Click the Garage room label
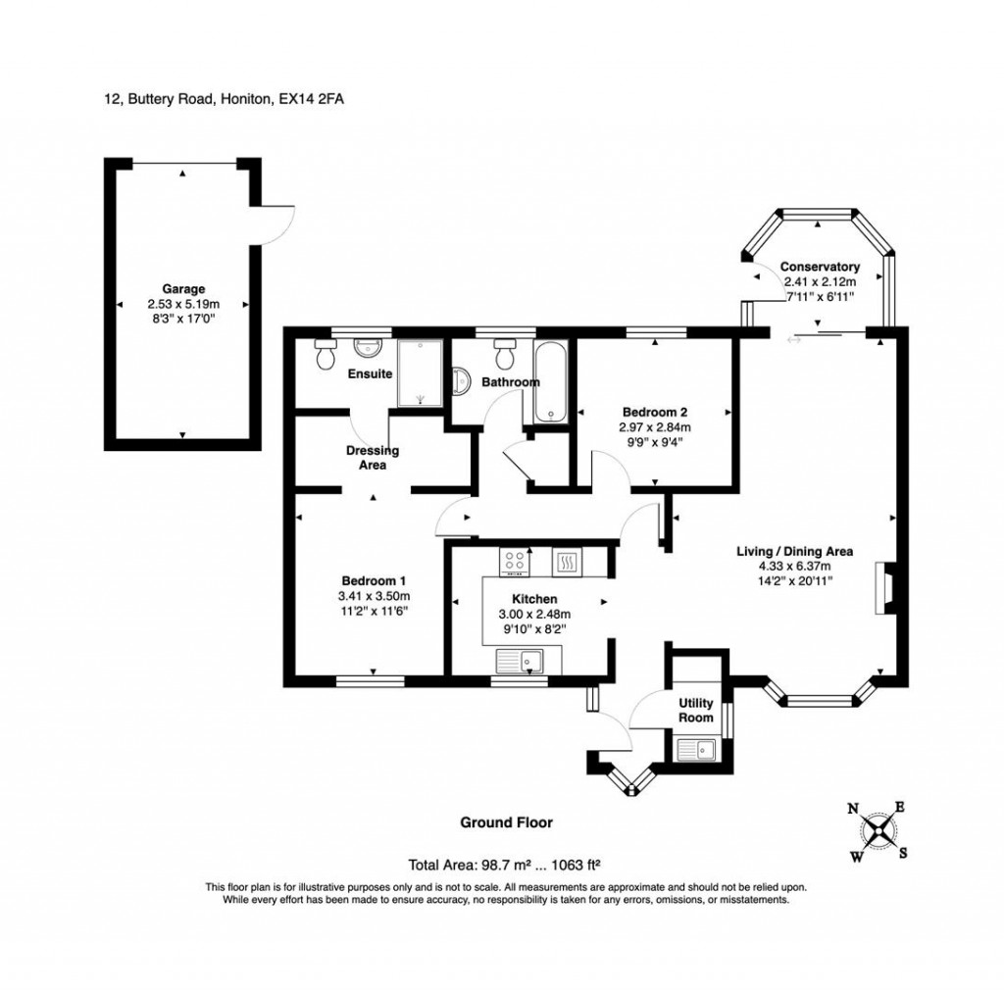[182, 289]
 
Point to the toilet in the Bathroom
[506, 351]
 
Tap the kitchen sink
[531, 663]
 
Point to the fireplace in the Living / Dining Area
[883, 588]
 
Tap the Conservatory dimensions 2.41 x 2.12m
[820, 281]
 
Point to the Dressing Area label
[372, 458]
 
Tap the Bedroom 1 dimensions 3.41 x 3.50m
[373, 595]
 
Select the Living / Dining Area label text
[794, 552]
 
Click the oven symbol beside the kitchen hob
[567, 562]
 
